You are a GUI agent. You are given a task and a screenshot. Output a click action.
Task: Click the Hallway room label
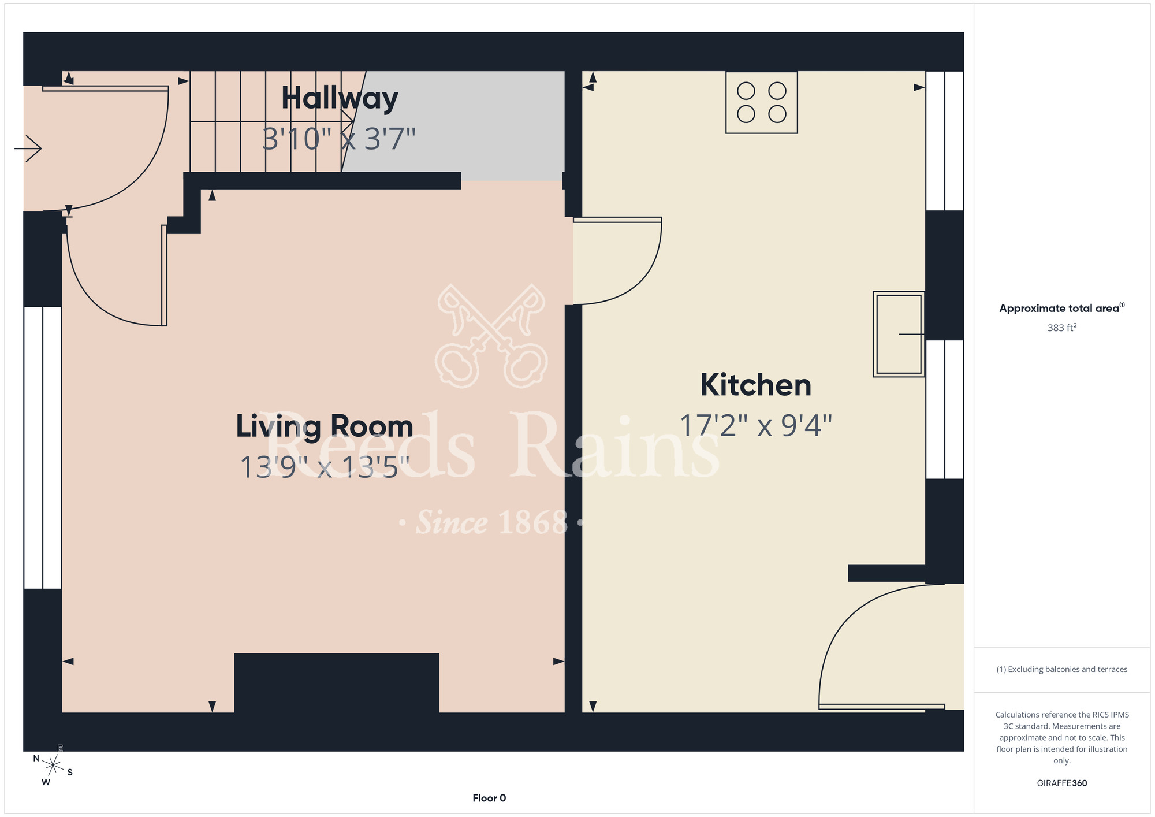coord(340,99)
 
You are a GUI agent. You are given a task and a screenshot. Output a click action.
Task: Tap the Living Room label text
coord(325,427)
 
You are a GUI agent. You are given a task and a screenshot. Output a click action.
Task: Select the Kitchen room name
coord(756,385)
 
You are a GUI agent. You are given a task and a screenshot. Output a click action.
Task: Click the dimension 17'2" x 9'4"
coord(756,426)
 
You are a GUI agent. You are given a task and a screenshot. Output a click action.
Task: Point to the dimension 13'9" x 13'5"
coord(325,467)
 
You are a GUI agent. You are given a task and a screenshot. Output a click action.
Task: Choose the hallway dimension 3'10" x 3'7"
coord(340,139)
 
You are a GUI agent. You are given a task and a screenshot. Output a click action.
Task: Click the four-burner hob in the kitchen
coord(762,102)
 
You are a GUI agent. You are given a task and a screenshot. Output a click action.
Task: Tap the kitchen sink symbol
coord(899,334)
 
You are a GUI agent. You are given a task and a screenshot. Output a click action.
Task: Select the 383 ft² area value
coord(1062,328)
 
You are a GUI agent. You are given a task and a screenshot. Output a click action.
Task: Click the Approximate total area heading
coord(1062,308)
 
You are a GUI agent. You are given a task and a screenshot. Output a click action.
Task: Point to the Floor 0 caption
coord(489,798)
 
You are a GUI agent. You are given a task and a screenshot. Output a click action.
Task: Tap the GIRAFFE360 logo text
coord(1062,783)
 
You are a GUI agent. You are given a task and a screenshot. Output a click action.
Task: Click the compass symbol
coord(53,766)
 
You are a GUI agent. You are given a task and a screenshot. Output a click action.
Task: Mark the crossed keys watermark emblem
coord(491,336)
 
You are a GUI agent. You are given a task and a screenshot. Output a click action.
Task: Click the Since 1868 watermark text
coord(491,522)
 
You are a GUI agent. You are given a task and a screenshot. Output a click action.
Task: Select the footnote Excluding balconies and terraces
coord(1062,669)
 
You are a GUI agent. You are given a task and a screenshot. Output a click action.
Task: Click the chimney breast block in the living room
coord(337,683)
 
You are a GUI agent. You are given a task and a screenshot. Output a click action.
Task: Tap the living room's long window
coord(43,448)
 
